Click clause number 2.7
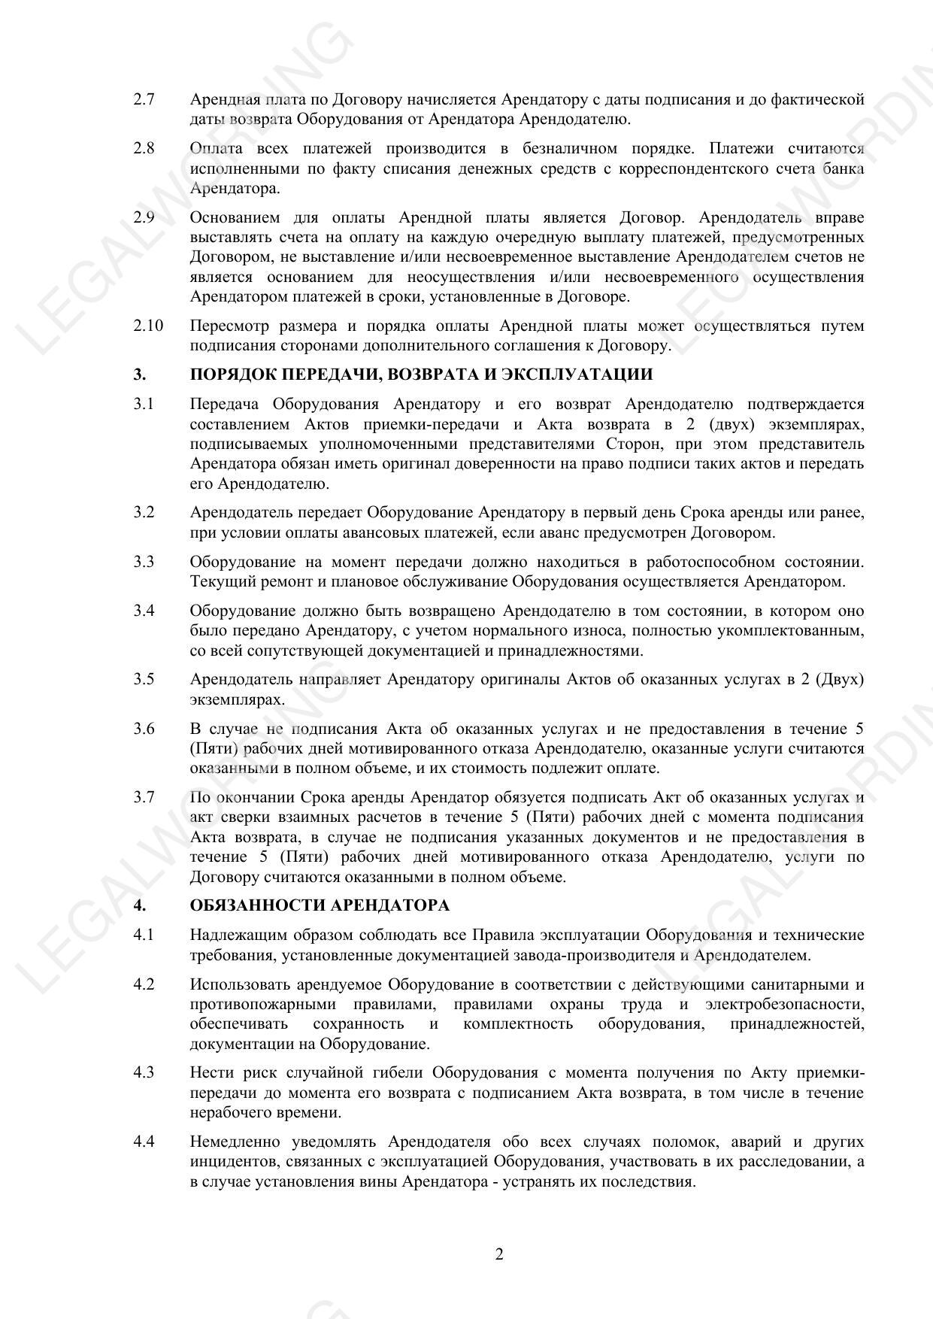[x=144, y=99]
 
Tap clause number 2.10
[x=148, y=326]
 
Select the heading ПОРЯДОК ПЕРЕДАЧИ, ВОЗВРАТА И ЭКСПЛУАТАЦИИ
[x=421, y=374]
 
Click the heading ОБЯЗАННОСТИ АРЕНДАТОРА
[x=320, y=905]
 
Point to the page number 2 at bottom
[x=499, y=1254]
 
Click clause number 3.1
[x=144, y=405]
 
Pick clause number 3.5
[x=144, y=680]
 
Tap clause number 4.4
[x=144, y=1142]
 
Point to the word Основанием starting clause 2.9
[x=233, y=218]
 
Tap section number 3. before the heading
[x=140, y=374]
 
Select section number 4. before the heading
[x=140, y=905]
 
